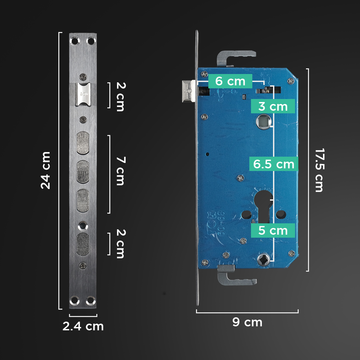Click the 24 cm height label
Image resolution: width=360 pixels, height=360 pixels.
(x=46, y=170)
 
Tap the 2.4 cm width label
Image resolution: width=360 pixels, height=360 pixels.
(x=83, y=326)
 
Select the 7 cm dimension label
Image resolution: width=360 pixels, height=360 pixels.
(x=120, y=171)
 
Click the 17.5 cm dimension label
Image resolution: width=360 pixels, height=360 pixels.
(x=319, y=170)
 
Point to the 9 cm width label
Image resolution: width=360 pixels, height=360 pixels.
(x=247, y=322)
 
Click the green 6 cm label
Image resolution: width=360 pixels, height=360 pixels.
(x=230, y=81)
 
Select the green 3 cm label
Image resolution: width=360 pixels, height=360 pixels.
(x=273, y=106)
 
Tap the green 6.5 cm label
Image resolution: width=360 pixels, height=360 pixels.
(x=274, y=164)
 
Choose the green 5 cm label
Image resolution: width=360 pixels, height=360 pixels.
(x=273, y=230)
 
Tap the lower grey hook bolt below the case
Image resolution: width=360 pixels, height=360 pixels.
(x=235, y=277)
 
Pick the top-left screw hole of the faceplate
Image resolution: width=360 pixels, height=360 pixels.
(x=74, y=41)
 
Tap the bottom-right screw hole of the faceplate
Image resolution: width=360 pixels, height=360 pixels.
(x=90, y=300)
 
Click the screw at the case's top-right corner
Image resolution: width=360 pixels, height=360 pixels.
(x=291, y=80)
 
